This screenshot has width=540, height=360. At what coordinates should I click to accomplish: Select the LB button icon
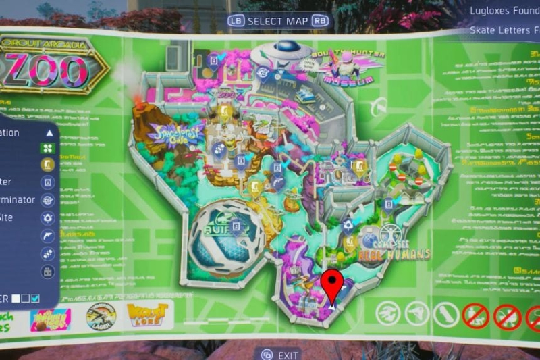(x=236, y=21)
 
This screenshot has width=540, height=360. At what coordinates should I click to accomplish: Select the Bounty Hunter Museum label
(x=348, y=68)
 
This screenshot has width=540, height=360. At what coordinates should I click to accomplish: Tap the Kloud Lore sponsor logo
(x=145, y=315)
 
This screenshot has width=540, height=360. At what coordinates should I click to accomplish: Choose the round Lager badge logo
(x=101, y=315)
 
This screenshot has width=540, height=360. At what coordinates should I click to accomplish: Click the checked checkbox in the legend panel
(x=36, y=298)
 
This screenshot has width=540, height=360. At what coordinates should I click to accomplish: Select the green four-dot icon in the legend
(x=47, y=147)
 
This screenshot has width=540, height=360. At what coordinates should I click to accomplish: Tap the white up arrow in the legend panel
(x=48, y=133)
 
